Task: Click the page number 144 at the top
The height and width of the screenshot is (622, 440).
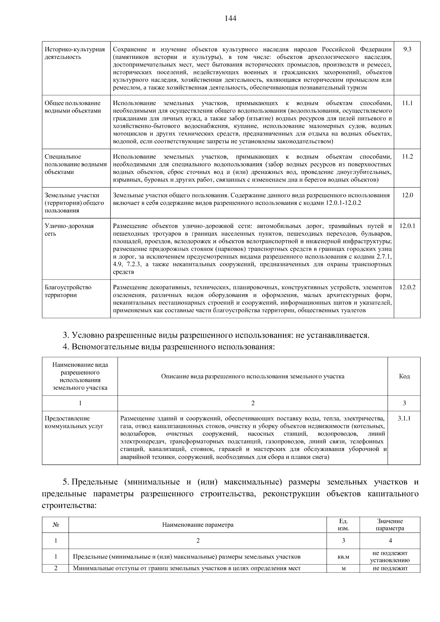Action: pyautogui.click(x=230, y=18)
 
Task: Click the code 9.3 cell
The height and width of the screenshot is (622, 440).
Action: pyautogui.click(x=407, y=49)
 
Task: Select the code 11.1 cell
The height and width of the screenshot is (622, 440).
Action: pyautogui.click(x=407, y=103)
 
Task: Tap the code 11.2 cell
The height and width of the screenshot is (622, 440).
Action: pyautogui.click(x=407, y=156)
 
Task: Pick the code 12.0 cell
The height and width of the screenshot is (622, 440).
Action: pyautogui.click(x=407, y=195)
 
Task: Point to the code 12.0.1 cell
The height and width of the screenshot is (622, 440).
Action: pyautogui.click(x=407, y=226)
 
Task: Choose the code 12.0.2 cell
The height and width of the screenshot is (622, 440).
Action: pyautogui.click(x=407, y=287)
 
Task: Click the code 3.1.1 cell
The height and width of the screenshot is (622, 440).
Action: pyautogui.click(x=404, y=418)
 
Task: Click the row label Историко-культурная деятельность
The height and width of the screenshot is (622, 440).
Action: pyautogui.click(x=75, y=53)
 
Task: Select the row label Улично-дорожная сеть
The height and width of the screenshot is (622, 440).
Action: pyautogui.click(x=69, y=230)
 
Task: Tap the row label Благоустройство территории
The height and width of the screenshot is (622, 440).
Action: pyautogui.click(x=68, y=291)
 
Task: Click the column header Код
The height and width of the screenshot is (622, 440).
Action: pyautogui.click(x=404, y=376)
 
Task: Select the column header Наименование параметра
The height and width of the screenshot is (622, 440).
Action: pyautogui.click(x=198, y=525)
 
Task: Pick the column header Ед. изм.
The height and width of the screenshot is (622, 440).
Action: pyautogui.click(x=343, y=525)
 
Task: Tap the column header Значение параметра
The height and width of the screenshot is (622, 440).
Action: pyautogui.click(x=390, y=525)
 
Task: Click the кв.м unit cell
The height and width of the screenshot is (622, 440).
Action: pyautogui.click(x=343, y=557)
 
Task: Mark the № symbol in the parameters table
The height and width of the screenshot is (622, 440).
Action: pyautogui.click(x=56, y=525)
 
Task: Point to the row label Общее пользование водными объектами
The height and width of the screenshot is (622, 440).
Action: pyautogui.click(x=73, y=107)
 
